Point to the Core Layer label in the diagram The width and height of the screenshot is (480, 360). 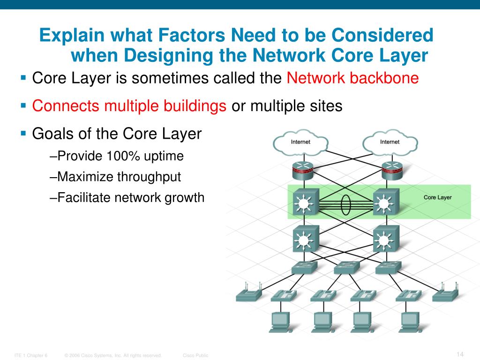tap(437, 197)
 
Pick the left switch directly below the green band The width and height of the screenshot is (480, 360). tap(305, 239)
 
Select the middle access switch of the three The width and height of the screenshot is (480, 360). tap(346, 268)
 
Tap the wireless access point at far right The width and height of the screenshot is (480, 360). tap(445, 292)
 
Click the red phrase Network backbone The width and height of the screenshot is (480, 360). tap(352, 78)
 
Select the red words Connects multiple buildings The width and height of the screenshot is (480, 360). tap(129, 106)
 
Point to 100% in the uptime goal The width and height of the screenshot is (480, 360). tap(123, 157)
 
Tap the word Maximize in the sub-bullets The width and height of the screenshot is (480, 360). tap(84, 177)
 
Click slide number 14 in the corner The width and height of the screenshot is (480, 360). tap(459, 353)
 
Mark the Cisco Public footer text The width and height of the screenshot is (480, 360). tap(195, 355)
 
